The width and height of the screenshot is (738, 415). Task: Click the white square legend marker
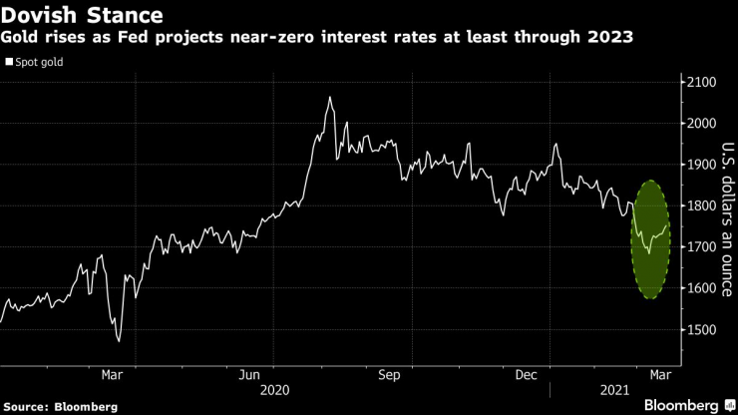point(9,62)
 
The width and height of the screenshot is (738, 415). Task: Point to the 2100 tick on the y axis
point(699,82)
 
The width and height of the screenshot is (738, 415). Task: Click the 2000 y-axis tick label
point(699,123)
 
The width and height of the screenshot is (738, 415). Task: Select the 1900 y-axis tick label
point(699,165)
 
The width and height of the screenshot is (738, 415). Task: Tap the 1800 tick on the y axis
point(699,206)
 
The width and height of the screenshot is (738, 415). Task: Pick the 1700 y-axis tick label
point(699,246)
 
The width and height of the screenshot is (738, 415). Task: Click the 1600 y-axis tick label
point(699,288)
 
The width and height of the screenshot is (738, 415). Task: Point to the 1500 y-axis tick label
point(699,329)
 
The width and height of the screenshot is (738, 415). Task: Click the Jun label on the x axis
point(250,376)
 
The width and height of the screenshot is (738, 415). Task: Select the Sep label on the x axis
point(389,376)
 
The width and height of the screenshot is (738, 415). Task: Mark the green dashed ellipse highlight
point(650,239)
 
